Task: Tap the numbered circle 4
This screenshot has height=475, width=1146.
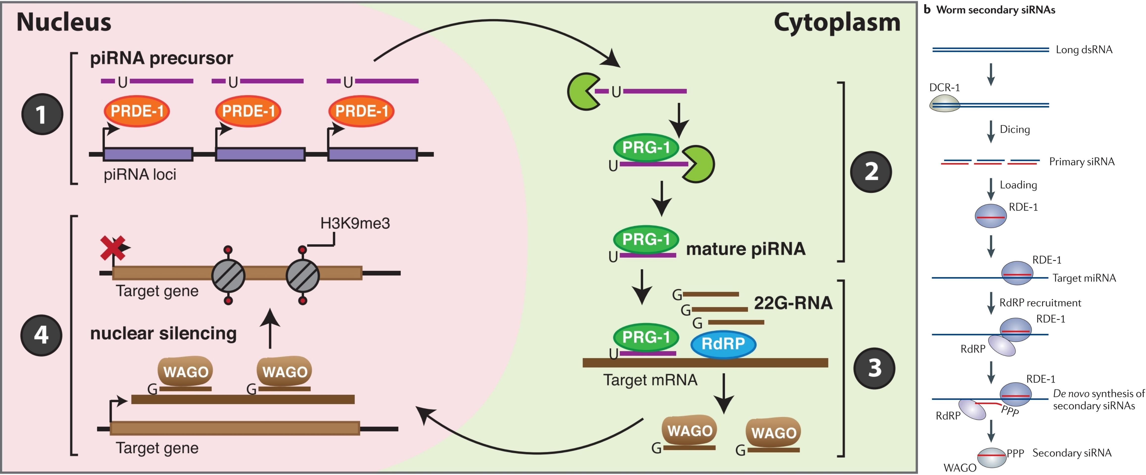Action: [x=41, y=335]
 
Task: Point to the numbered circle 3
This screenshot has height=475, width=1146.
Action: [x=874, y=368]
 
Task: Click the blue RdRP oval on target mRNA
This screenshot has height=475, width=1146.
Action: [x=723, y=344]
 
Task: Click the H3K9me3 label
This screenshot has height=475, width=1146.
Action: [x=355, y=223]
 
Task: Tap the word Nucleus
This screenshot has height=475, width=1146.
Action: [x=64, y=22]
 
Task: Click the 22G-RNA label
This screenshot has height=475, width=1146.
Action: [x=793, y=303]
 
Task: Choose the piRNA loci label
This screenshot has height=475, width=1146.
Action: [x=140, y=174]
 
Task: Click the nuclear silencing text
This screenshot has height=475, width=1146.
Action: [x=163, y=333]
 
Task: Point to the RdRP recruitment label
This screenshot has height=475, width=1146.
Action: [x=1040, y=303]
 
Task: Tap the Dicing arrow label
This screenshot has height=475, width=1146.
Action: [x=1015, y=129]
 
